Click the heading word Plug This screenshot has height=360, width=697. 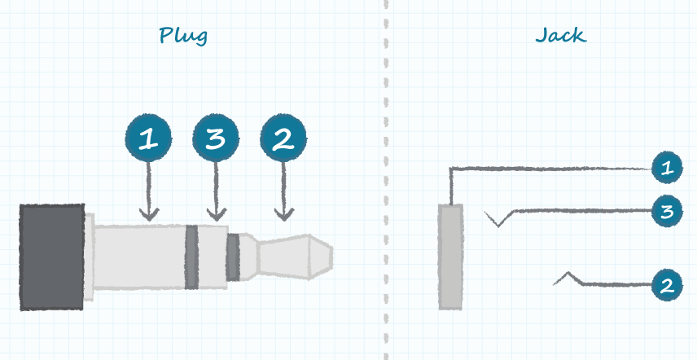pyautogui.click(x=183, y=36)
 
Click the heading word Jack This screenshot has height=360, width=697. pyautogui.click(x=560, y=36)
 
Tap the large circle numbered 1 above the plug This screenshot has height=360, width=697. pyautogui.click(x=148, y=138)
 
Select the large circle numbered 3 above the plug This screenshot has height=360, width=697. pyautogui.click(x=215, y=138)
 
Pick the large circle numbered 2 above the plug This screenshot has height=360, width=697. pyautogui.click(x=283, y=138)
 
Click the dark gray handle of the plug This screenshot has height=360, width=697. pyautogui.click(x=52, y=257)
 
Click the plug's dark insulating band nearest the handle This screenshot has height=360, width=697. pyautogui.click(x=191, y=257)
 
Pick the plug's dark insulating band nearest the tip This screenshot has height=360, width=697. pyautogui.click(x=233, y=257)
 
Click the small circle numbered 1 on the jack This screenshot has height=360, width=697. pyautogui.click(x=667, y=169)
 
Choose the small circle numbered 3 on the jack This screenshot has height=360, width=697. pyautogui.click(x=667, y=212)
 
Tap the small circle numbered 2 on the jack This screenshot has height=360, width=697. pyautogui.click(x=667, y=285)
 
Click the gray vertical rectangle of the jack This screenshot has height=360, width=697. pyautogui.click(x=450, y=257)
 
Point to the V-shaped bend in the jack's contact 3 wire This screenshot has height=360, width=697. pyautogui.click(x=498, y=222)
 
